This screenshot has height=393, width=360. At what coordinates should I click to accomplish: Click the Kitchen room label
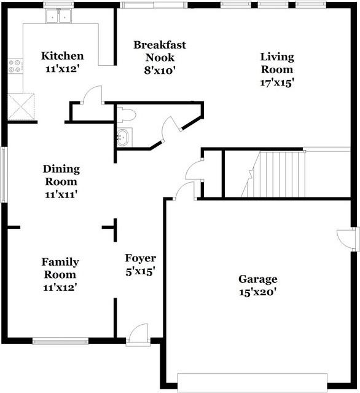tap(62, 55)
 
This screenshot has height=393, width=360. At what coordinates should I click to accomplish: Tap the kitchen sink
tap(58, 16)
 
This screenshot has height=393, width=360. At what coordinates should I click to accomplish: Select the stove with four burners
tap(15, 66)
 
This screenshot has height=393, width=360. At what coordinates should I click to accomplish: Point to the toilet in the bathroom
tap(127, 115)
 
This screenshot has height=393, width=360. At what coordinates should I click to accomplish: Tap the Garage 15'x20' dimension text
tap(257, 292)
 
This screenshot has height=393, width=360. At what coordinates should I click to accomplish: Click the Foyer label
tap(141, 258)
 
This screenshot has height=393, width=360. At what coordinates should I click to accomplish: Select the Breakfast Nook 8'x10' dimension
tap(159, 71)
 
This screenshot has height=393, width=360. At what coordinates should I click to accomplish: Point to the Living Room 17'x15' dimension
tap(277, 82)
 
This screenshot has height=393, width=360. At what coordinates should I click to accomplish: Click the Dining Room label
tap(61, 175)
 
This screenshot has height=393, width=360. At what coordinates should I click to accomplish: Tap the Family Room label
tap(60, 268)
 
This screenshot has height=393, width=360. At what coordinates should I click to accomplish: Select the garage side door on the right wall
tap(346, 239)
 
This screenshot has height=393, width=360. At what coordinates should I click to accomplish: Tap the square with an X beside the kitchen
tap(21, 107)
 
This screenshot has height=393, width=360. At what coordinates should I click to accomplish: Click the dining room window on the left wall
tap(4, 175)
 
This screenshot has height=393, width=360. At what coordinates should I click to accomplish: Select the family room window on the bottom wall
tap(60, 341)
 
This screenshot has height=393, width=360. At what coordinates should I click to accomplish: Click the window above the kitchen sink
tap(58, 4)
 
